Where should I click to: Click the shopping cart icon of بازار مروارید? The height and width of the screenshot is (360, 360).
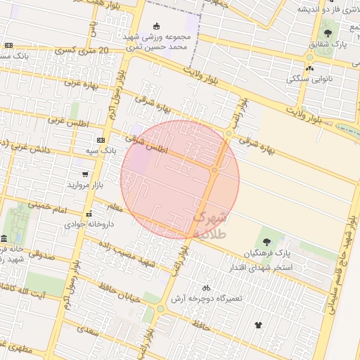pyautogui.click(x=85, y=174)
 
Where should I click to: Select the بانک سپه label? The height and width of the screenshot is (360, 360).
pyautogui.click(x=101, y=150)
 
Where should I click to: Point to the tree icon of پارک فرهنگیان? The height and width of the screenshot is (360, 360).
pyautogui.click(x=266, y=242)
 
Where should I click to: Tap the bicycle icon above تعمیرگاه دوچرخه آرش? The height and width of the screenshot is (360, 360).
pyautogui.click(x=205, y=288)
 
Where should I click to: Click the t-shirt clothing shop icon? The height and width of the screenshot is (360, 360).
pyautogui.click(x=258, y=325)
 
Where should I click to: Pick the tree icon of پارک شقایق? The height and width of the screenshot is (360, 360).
pyautogui.click(x=328, y=33)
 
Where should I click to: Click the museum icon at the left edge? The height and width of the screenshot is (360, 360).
pyautogui.click(x=4, y=238)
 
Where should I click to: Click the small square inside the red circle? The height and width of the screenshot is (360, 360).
pyautogui.click(x=214, y=170)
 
